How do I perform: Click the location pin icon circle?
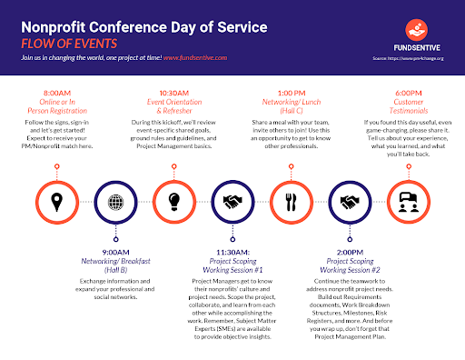click(x=57, y=202)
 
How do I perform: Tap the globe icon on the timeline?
click(x=114, y=202)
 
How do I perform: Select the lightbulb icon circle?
click(x=173, y=202)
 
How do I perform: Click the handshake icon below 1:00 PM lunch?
click(x=346, y=202)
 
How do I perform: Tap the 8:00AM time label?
click(x=57, y=94)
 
